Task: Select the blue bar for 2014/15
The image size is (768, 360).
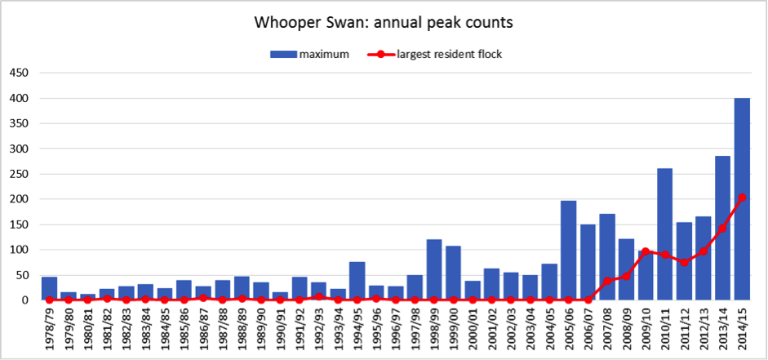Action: pyautogui.click(x=742, y=199)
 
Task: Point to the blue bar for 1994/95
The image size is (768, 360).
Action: pyautogui.click(x=357, y=281)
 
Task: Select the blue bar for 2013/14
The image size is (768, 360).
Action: pyautogui.click(x=723, y=228)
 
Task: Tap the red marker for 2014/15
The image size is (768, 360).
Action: pyautogui.click(x=742, y=198)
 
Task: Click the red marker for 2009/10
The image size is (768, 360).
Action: pyautogui.click(x=646, y=251)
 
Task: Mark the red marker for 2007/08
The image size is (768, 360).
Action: pyautogui.click(x=607, y=281)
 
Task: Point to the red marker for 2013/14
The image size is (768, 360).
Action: pyautogui.click(x=723, y=229)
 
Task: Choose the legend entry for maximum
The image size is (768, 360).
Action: pyautogui.click(x=310, y=55)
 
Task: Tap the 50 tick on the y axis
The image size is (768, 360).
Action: pyautogui.click(x=20, y=275)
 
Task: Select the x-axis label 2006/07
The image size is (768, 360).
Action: pyautogui.click(x=588, y=331)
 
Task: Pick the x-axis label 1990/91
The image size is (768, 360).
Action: pyautogui.click(x=280, y=331)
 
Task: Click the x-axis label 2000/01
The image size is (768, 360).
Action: pyautogui.click(x=473, y=331)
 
